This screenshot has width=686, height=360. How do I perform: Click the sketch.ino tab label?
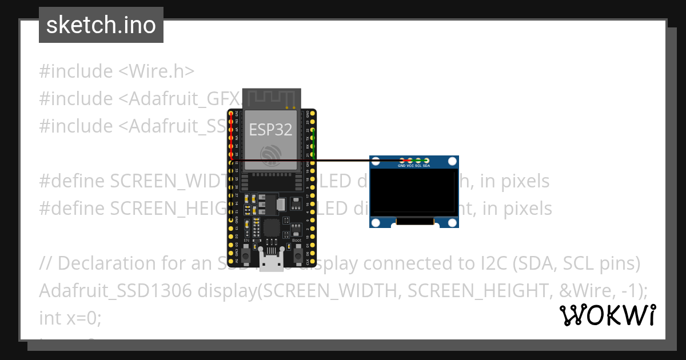(x=101, y=25)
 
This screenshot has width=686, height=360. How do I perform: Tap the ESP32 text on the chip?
(x=270, y=129)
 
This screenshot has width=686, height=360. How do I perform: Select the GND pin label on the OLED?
(x=402, y=166)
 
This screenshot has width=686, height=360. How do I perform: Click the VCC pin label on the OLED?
(x=410, y=166)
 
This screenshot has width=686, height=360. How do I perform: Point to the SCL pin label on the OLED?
(x=418, y=166)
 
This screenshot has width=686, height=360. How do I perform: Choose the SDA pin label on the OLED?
(x=426, y=166)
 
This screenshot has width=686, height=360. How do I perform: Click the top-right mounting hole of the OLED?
(x=452, y=161)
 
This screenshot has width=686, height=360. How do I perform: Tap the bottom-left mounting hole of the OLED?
(x=376, y=222)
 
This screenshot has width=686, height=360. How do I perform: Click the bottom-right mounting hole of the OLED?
(x=452, y=222)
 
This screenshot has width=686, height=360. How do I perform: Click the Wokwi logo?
(x=608, y=315)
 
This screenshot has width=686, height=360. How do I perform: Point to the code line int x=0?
(x=70, y=318)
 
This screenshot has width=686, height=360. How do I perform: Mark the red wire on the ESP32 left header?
(x=231, y=137)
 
